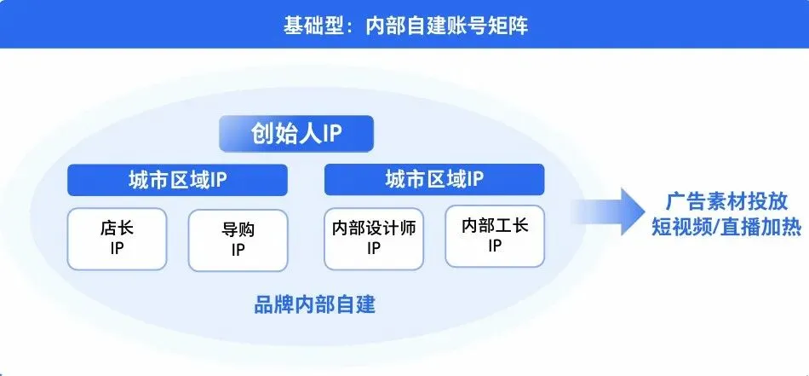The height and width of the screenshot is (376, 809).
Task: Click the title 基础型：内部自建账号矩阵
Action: click(405, 25)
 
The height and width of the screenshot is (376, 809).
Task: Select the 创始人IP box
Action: click(295, 134)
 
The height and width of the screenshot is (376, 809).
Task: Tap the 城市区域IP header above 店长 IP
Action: click(177, 180)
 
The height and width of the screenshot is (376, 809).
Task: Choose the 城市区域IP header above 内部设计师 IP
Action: click(434, 180)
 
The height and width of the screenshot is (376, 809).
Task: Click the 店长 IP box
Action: click(118, 240)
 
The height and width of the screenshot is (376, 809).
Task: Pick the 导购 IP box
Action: click(238, 240)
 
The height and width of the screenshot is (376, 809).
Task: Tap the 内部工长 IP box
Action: click(495, 236)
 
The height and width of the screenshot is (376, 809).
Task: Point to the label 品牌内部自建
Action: click(314, 304)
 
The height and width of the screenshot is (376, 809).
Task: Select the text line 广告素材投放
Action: click(726, 202)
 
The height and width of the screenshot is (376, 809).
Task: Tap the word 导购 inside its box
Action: click(238, 229)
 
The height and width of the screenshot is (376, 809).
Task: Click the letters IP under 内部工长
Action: click(495, 246)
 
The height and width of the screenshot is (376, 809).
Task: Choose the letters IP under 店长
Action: click(118, 249)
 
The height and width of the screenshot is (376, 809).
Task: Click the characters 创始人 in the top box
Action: click(280, 134)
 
